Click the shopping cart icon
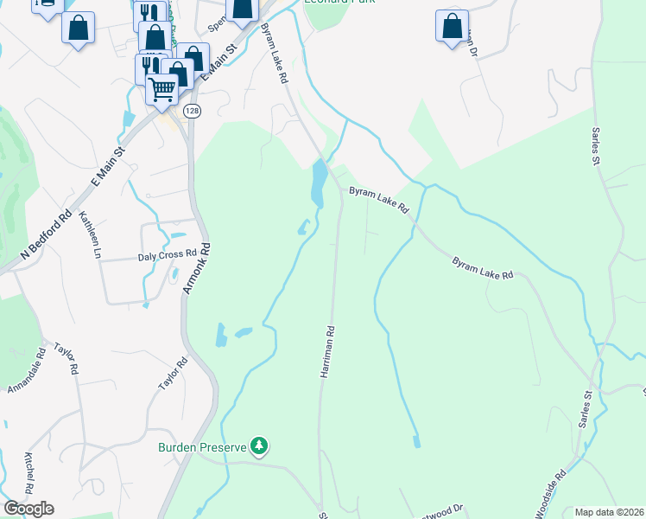pos(162,88)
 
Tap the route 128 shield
pos(193,112)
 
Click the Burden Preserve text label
pos(201,447)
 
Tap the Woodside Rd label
pos(550,493)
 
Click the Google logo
pos(28,509)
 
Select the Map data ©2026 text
pos(609,512)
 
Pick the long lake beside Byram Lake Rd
pos(318,183)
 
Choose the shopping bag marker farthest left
pos(78,28)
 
